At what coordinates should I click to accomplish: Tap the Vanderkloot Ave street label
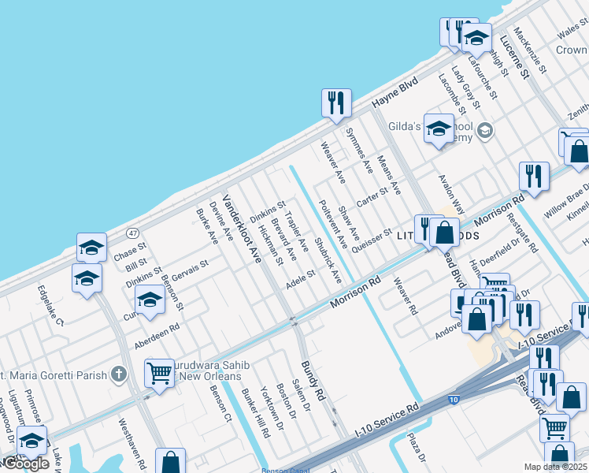[x=242, y=229]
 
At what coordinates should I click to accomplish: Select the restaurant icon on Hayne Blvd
[x=335, y=103]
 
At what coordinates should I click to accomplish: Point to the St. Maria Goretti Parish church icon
[x=119, y=373]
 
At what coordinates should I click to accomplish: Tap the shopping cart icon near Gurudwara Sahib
[x=160, y=373]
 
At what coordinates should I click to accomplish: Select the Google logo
[x=25, y=464]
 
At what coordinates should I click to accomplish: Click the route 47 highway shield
[x=134, y=233]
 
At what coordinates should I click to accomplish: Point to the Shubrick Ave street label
[x=328, y=261]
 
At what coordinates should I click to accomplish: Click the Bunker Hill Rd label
[x=256, y=408]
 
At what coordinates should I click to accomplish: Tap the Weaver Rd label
[x=406, y=296]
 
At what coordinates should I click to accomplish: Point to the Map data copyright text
[x=555, y=467]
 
